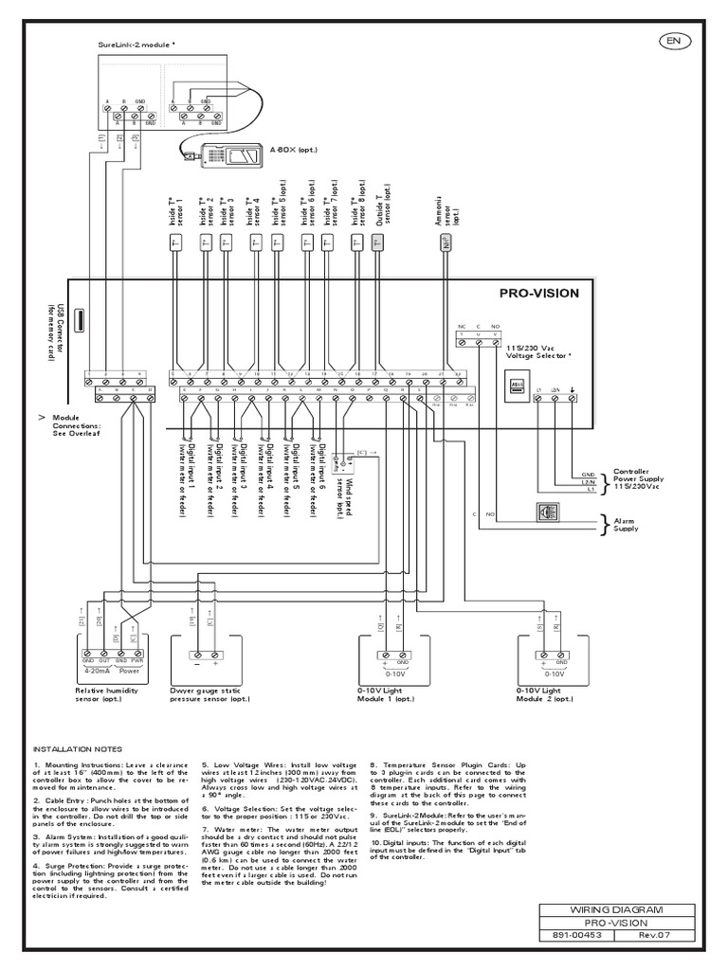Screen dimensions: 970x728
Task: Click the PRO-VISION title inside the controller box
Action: tap(538, 294)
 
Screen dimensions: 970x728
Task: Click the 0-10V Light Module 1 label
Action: tap(386, 697)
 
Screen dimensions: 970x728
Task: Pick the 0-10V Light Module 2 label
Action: tap(544, 697)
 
